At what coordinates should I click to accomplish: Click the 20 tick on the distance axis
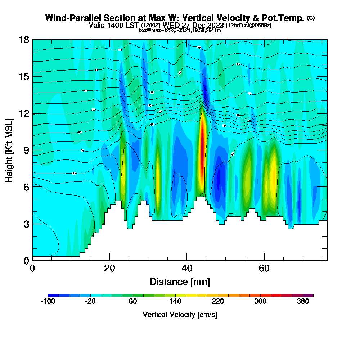pyautogui.click(x=110, y=268)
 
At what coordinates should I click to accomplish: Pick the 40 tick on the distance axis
pyautogui.click(x=187, y=268)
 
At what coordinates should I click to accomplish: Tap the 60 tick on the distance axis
pyautogui.click(x=264, y=268)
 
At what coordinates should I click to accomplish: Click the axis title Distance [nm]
pyautogui.click(x=180, y=282)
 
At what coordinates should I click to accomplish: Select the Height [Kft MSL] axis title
pyautogui.click(x=9, y=150)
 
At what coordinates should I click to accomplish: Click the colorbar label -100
pyautogui.click(x=48, y=302)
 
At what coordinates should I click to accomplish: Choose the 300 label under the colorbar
pyautogui.click(x=260, y=302)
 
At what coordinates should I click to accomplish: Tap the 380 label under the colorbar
pyautogui.click(x=303, y=302)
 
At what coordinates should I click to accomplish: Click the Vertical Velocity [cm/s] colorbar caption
pyautogui.click(x=180, y=315)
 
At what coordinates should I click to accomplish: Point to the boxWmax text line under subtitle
pyautogui.click(x=180, y=30)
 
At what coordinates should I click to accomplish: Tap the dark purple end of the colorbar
pyautogui.click(x=311, y=295)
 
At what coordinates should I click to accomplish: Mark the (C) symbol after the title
pyautogui.click(x=311, y=18)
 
